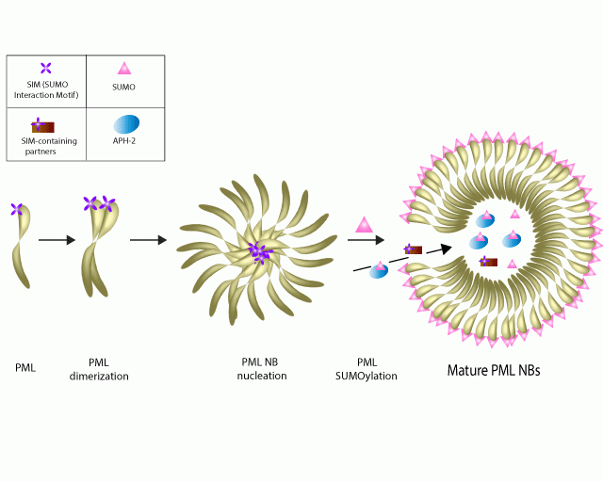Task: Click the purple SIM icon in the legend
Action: coord(46,67)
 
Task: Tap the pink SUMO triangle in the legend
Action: coord(124,68)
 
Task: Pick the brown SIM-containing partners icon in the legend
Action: coord(42,125)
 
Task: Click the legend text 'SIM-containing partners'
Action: coord(41,145)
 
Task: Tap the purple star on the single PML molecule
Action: coord(17,210)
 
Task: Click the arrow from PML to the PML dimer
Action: coord(57,240)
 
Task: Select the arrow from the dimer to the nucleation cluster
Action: coord(148,240)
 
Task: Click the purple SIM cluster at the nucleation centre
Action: coord(259,251)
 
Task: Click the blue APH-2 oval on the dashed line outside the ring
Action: coord(379,270)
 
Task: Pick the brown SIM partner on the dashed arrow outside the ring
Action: coord(413,250)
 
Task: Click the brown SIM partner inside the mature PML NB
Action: coord(488,261)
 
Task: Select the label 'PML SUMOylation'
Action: coord(372,369)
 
